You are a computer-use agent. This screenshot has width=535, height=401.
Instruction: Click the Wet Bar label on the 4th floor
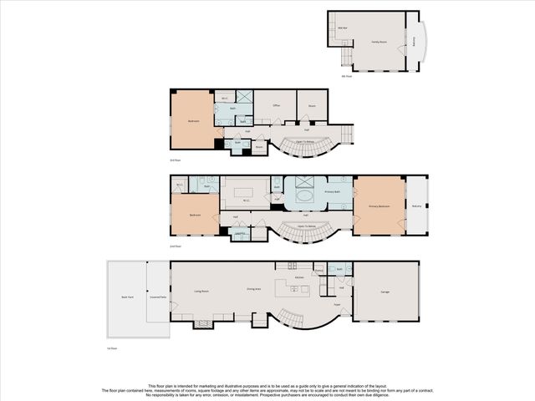click(x=343, y=28)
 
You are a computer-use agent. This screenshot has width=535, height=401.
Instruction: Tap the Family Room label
click(x=379, y=41)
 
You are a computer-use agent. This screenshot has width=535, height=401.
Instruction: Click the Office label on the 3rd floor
click(x=276, y=106)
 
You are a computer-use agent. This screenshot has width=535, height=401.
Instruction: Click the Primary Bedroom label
click(x=379, y=206)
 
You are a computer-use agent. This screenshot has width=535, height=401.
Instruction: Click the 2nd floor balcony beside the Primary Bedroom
click(x=416, y=206)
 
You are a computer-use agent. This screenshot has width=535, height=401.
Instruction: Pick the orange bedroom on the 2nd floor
click(x=195, y=215)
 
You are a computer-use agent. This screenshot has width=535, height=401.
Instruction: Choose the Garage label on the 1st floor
click(x=385, y=292)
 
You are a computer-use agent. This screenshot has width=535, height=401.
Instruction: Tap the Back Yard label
click(x=127, y=297)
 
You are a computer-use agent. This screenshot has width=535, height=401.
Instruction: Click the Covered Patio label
click(x=157, y=297)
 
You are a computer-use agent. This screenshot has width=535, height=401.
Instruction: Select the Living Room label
click(x=201, y=292)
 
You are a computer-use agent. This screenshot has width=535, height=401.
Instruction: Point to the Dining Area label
click(x=253, y=289)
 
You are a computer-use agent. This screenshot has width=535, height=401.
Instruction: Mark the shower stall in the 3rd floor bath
click(x=244, y=97)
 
